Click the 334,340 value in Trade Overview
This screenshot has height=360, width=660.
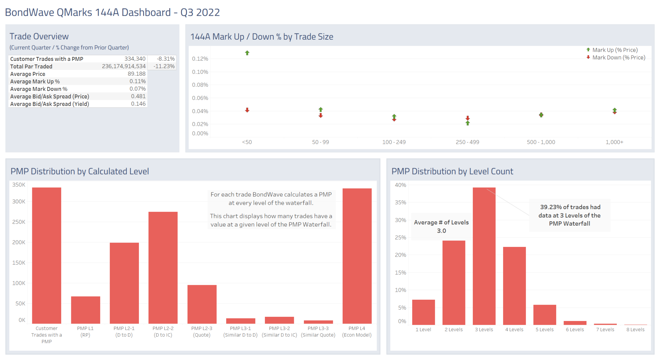tap(135, 59)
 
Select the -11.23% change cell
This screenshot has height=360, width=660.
tap(164, 66)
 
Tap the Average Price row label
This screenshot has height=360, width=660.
tap(28, 74)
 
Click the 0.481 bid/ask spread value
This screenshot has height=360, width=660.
tap(138, 96)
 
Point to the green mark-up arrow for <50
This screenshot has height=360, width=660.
tap(247, 53)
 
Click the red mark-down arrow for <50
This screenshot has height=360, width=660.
tap(247, 110)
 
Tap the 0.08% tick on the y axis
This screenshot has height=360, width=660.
tap(200, 85)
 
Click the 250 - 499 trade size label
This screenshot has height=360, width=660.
tap(467, 142)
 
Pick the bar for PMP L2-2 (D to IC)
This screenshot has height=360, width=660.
tap(163, 268)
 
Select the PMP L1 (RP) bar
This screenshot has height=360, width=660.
tap(85, 310)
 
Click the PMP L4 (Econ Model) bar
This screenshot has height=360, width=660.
tap(357, 256)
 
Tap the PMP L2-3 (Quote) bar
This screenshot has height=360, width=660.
tap(202, 304)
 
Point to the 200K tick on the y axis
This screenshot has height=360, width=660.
tap(19, 242)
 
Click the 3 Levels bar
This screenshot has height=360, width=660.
tap(484, 256)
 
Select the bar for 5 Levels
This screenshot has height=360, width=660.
tap(545, 315)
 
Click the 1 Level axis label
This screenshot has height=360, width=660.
tap(423, 329)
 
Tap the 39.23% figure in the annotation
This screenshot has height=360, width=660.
tap(551, 207)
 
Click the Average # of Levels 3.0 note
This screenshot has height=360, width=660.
tap(441, 226)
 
